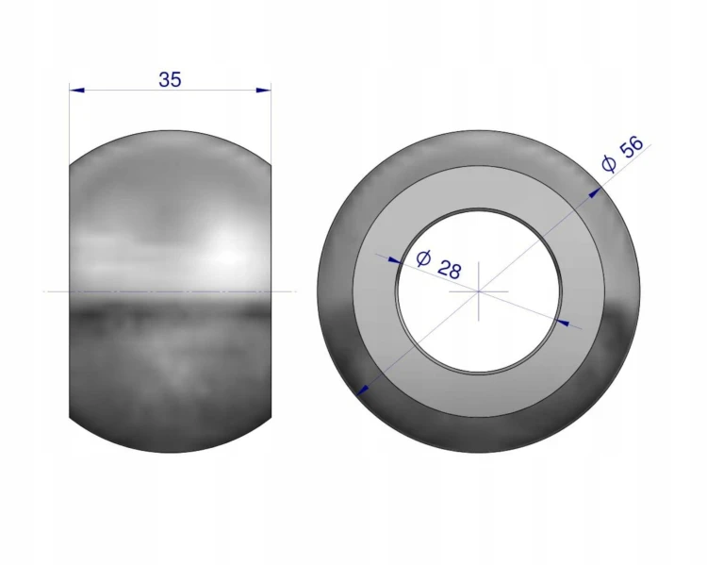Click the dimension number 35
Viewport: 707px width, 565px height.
coord(170,79)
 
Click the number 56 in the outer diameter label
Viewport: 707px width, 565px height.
coord(632,146)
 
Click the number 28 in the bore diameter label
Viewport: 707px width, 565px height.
coord(450,269)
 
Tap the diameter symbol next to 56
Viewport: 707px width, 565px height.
coord(609,164)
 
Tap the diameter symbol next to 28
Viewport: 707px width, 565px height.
coord(423,258)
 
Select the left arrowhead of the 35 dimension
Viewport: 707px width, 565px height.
coord(77,91)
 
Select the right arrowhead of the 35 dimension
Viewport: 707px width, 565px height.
coord(264,91)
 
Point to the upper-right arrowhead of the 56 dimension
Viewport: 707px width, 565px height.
coord(595,192)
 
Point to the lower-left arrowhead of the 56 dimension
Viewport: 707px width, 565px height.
coord(363,389)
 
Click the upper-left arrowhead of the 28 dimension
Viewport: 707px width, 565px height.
coord(395,260)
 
